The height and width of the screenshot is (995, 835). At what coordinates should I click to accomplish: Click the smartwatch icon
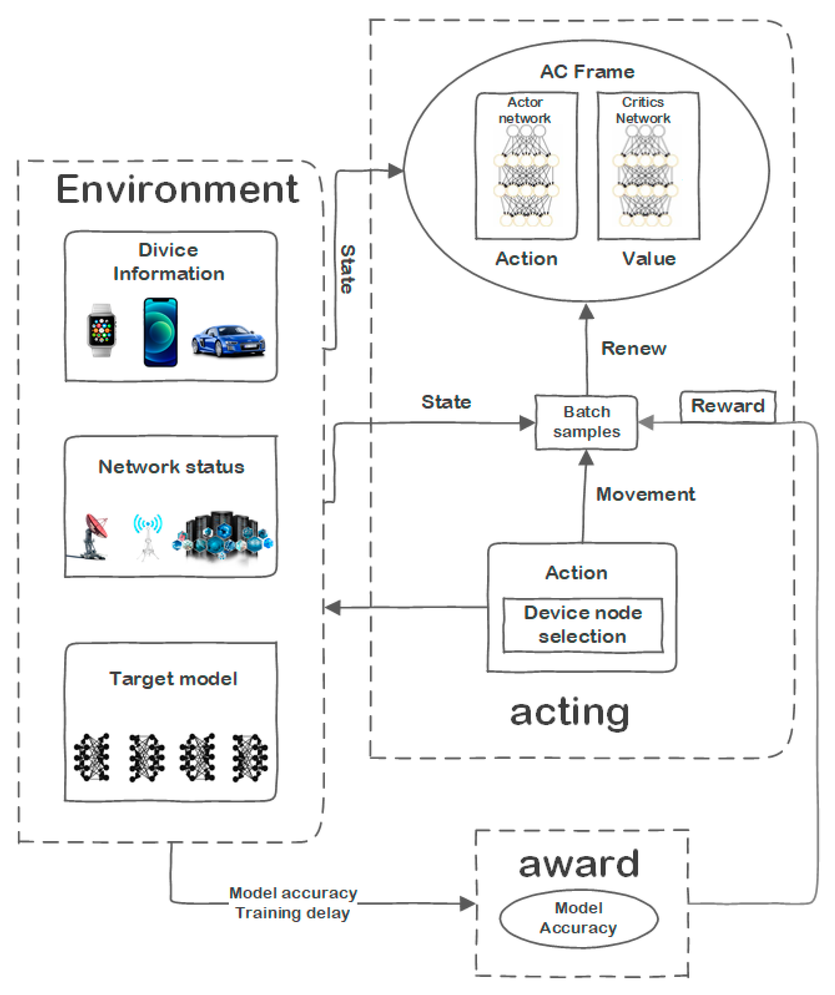(x=101, y=330)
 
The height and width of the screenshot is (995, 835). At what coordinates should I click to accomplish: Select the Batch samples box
(x=586, y=422)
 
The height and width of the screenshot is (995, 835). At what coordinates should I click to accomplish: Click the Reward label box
(x=727, y=406)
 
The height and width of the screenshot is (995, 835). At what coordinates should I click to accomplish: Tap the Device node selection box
(x=582, y=625)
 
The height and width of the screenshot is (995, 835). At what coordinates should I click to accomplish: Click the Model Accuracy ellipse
(x=578, y=918)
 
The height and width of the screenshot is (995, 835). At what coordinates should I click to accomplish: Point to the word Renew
(x=633, y=349)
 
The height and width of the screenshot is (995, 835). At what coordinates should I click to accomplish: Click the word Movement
(x=645, y=494)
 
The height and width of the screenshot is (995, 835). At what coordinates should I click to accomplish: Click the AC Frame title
(x=587, y=72)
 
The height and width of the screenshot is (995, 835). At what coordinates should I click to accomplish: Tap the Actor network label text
(x=525, y=110)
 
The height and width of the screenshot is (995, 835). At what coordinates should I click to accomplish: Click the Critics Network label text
(x=643, y=110)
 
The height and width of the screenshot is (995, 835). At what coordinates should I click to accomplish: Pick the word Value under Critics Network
(x=649, y=259)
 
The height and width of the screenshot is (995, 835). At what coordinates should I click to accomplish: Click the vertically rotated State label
(x=347, y=269)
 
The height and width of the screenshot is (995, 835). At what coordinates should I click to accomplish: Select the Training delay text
(x=293, y=912)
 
